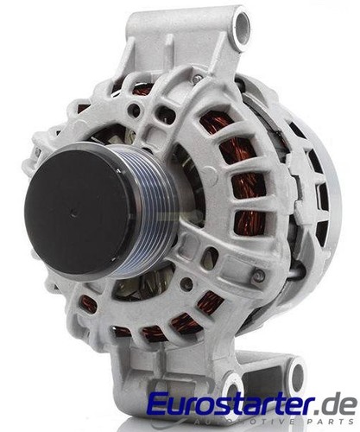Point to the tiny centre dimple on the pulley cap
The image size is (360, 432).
coord(73,214)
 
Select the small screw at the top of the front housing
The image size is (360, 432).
coord(197,79)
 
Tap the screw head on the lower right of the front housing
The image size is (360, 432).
coord(258,276)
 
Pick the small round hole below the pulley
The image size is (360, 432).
coord(187,283)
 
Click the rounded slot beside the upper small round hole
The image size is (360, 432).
coord(166,114)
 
